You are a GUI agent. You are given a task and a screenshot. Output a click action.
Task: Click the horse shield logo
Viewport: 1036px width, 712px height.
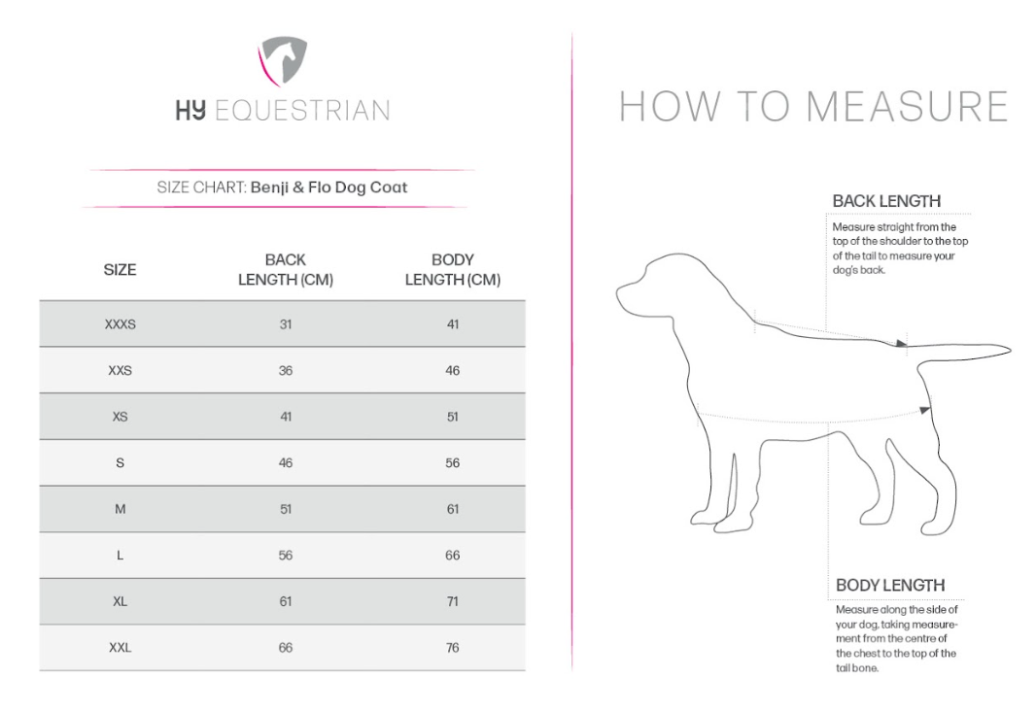click(282, 60)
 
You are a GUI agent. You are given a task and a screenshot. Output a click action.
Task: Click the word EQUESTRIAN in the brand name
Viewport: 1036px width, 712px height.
click(302, 111)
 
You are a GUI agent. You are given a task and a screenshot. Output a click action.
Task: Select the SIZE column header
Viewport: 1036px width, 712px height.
click(120, 269)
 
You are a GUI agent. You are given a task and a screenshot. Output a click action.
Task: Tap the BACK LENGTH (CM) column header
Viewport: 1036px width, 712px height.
click(286, 269)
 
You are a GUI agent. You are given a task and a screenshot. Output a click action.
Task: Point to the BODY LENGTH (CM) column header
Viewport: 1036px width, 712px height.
click(453, 269)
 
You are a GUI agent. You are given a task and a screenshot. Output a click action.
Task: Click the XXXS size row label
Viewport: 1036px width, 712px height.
click(121, 324)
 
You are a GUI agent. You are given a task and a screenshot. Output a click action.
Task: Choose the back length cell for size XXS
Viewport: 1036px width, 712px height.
click(286, 370)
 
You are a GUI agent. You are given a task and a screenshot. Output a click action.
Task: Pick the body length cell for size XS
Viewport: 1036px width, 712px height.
click(453, 417)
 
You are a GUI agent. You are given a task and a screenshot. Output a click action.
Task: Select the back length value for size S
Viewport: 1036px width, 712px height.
click(286, 463)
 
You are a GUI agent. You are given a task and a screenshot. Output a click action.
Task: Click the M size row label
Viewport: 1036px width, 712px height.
click(121, 509)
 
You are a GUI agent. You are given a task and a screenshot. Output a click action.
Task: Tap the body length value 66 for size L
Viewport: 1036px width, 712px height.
click(453, 556)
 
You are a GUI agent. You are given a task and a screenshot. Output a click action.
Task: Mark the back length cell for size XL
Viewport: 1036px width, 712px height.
click(286, 601)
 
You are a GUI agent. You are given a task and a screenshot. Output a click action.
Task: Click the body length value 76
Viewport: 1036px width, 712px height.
click(453, 648)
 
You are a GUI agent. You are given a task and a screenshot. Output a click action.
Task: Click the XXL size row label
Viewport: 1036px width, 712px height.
click(121, 648)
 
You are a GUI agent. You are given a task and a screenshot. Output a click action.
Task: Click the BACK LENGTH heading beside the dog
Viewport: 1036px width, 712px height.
click(886, 201)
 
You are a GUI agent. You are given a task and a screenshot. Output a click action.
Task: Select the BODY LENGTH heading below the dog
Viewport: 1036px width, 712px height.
click(890, 585)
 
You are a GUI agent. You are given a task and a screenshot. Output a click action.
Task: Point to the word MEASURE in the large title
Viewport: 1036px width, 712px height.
click(907, 106)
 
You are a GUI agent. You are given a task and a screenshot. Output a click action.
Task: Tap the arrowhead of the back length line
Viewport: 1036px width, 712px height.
click(901, 343)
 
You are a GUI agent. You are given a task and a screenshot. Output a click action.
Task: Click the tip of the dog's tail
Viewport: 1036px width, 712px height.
click(1010, 349)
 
